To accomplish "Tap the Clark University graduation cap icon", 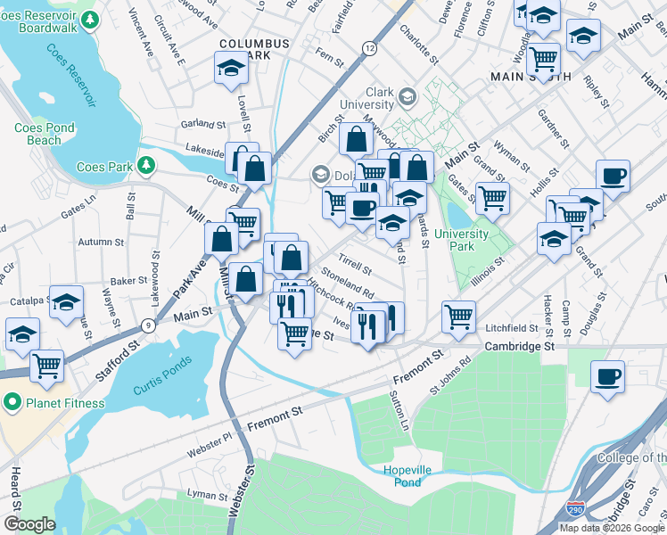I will tap(407, 96).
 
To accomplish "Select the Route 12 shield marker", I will tap(369, 47).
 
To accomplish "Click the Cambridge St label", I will tap(520, 345).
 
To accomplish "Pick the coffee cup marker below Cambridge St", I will tap(607, 374).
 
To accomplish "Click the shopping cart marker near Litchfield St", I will tap(458, 315).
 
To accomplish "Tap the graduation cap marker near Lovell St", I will tap(230, 68).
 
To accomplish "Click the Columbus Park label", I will tap(255, 49).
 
